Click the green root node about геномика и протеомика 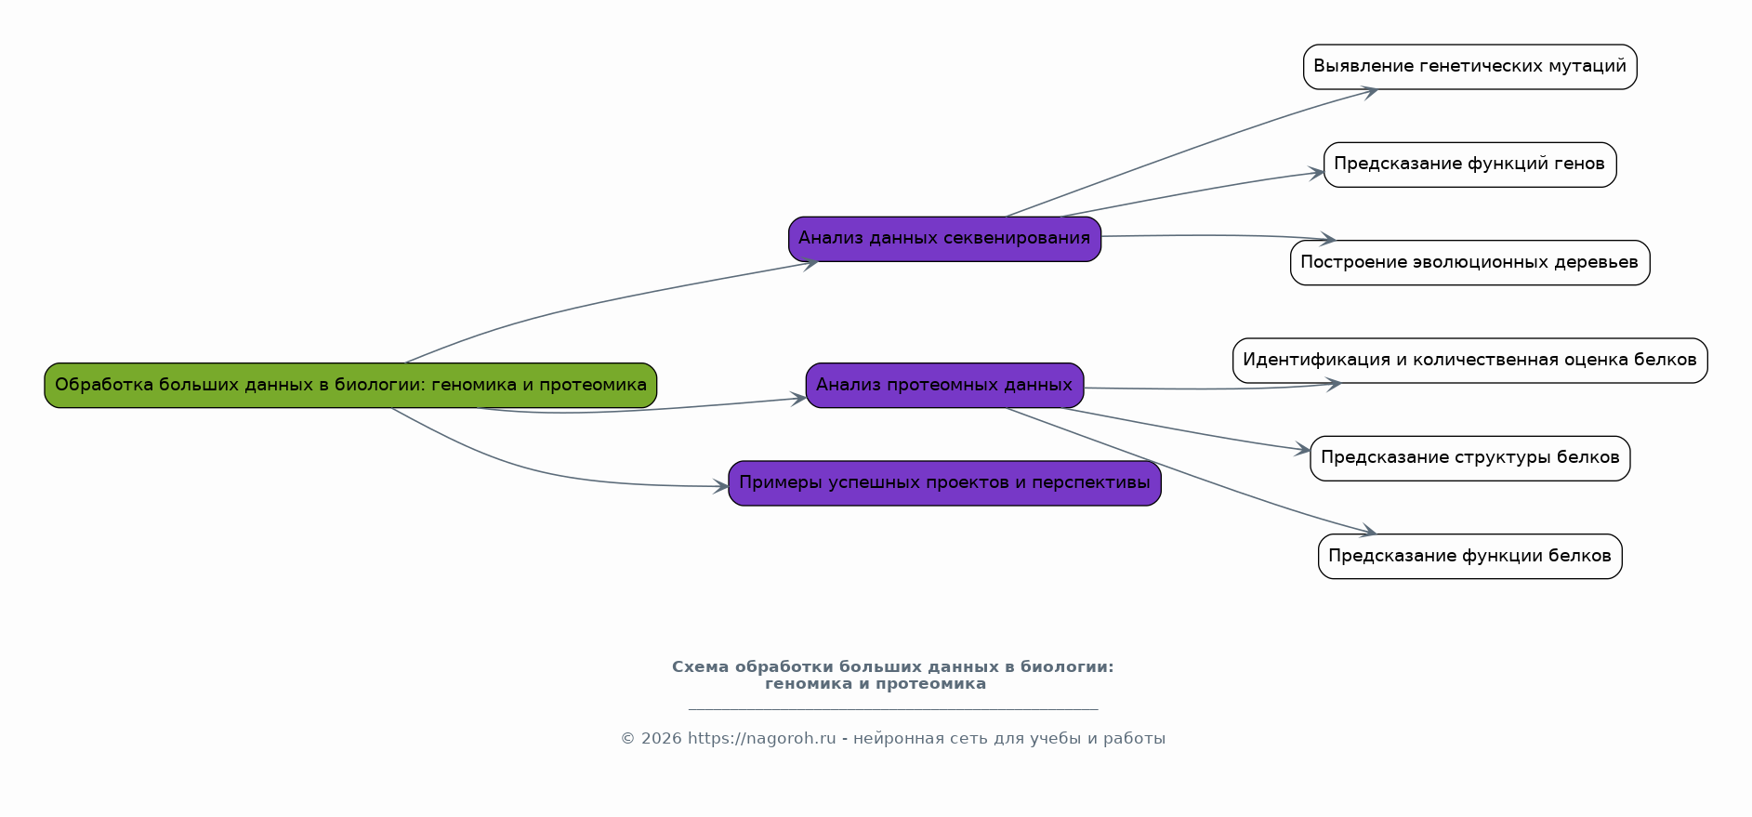pyautogui.click(x=350, y=385)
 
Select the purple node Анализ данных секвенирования pyautogui.click(x=944, y=239)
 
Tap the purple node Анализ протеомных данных pyautogui.click(x=944, y=385)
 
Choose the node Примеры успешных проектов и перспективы pyautogui.click(x=944, y=483)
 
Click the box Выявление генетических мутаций pyautogui.click(x=1469, y=67)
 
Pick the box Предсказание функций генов pyautogui.click(x=1469, y=165)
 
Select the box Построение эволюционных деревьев pyautogui.click(x=1469, y=263)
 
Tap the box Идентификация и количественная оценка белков pyautogui.click(x=1469, y=361)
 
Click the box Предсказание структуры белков pyautogui.click(x=1469, y=458)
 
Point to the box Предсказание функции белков pyautogui.click(x=1469, y=557)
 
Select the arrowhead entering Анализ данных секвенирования pyautogui.click(x=810, y=264)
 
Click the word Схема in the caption pyautogui.click(x=700, y=667)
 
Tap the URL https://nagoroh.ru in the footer pyautogui.click(x=761, y=739)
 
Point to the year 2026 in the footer pyautogui.click(x=661, y=739)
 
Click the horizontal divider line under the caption pyautogui.click(x=892, y=709)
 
